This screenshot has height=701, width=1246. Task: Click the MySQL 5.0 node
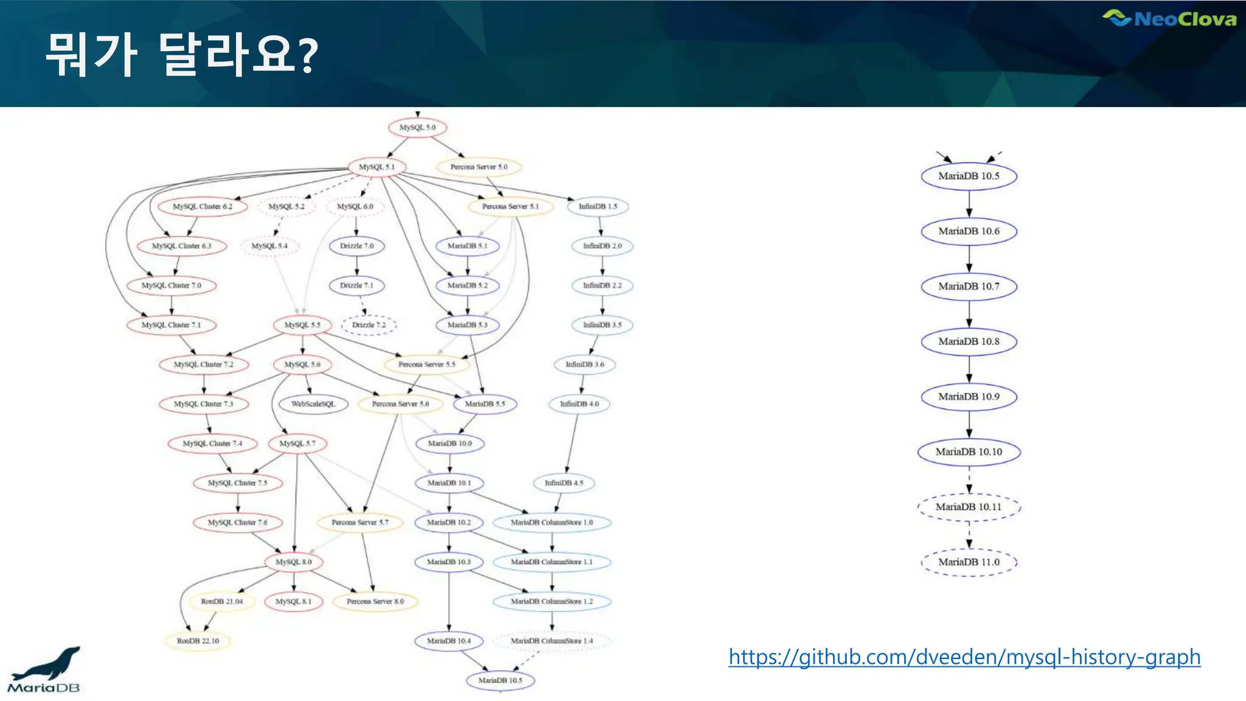coord(417,128)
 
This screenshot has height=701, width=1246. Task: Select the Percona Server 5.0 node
coord(479,167)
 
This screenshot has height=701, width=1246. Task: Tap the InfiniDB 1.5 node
coord(597,206)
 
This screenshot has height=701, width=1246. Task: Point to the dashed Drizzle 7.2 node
coord(369,325)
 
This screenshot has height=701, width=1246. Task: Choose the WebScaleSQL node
coord(313,404)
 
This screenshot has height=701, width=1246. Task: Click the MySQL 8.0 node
coord(294,562)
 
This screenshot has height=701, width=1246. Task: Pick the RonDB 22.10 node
coord(198,641)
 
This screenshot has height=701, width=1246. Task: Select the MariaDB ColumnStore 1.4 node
coord(551,641)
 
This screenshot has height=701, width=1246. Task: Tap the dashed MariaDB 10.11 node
coord(969,507)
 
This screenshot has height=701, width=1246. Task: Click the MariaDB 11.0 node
coord(969,562)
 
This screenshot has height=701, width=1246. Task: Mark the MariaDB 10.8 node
coord(969,341)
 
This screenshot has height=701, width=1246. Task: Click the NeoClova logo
coord(1169,19)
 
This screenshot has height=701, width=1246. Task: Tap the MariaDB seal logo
coord(44,670)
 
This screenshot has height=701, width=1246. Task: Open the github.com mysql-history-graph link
coord(964,657)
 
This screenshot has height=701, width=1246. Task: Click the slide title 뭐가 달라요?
coord(181,55)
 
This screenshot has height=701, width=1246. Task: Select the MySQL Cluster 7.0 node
coord(171,285)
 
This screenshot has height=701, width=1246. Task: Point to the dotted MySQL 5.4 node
coord(269,246)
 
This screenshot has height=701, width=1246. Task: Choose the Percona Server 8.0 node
coord(375,601)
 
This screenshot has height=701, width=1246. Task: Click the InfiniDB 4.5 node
coord(563,483)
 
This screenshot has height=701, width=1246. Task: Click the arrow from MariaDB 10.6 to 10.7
coord(969,259)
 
